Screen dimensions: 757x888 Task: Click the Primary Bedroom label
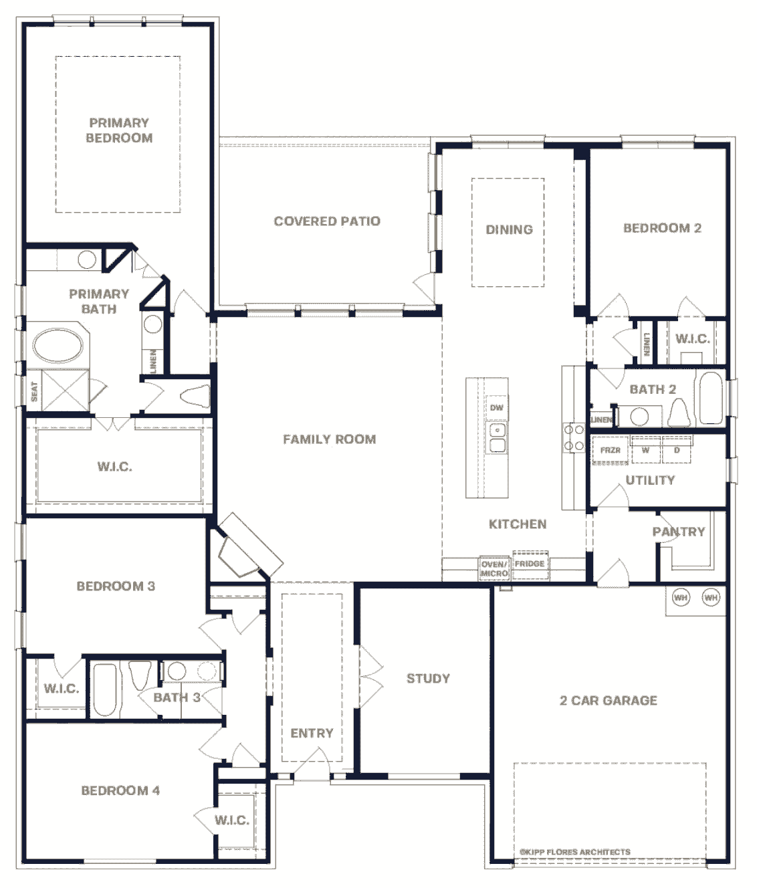pyautogui.click(x=119, y=130)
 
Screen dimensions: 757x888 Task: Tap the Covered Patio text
pyautogui.click(x=327, y=221)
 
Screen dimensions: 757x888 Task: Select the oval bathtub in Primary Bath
pyautogui.click(x=58, y=346)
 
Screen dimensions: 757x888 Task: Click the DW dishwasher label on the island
pyautogui.click(x=496, y=407)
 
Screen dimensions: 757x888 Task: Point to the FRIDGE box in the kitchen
pyautogui.click(x=530, y=564)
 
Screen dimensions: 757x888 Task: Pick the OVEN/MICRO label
pyautogui.click(x=494, y=569)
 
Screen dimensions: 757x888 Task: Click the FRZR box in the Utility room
pyautogui.click(x=610, y=450)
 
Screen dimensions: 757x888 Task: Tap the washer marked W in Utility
pyautogui.click(x=645, y=450)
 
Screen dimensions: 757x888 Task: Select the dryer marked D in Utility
pyautogui.click(x=677, y=450)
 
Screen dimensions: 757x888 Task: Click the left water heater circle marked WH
pyautogui.click(x=681, y=597)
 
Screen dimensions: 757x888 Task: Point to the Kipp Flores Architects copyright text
pyautogui.click(x=575, y=851)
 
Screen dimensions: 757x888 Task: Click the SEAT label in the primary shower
pyautogui.click(x=34, y=391)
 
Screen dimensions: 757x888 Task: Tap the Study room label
pyautogui.click(x=429, y=678)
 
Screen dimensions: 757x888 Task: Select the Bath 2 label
pyautogui.click(x=653, y=389)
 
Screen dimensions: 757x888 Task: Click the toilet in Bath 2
pyautogui.click(x=679, y=412)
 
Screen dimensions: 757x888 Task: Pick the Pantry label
pyautogui.click(x=679, y=532)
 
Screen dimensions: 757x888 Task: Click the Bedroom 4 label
pyautogui.click(x=120, y=790)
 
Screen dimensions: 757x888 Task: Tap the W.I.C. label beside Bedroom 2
pyautogui.click(x=693, y=339)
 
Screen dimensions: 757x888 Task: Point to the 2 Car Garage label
pyautogui.click(x=609, y=701)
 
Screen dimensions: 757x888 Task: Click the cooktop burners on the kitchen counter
pyautogui.click(x=574, y=438)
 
